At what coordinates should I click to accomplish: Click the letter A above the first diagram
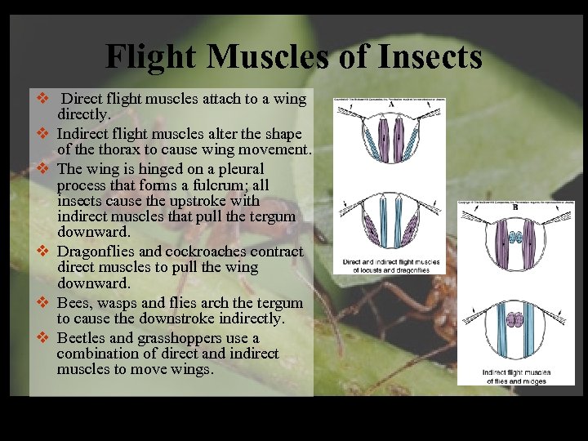tap(390, 105)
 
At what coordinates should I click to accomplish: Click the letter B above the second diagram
tap(514, 208)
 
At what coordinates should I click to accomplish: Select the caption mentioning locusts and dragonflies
tap(391, 266)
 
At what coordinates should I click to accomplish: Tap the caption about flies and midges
tap(516, 376)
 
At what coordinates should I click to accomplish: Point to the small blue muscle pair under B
tap(516, 238)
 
